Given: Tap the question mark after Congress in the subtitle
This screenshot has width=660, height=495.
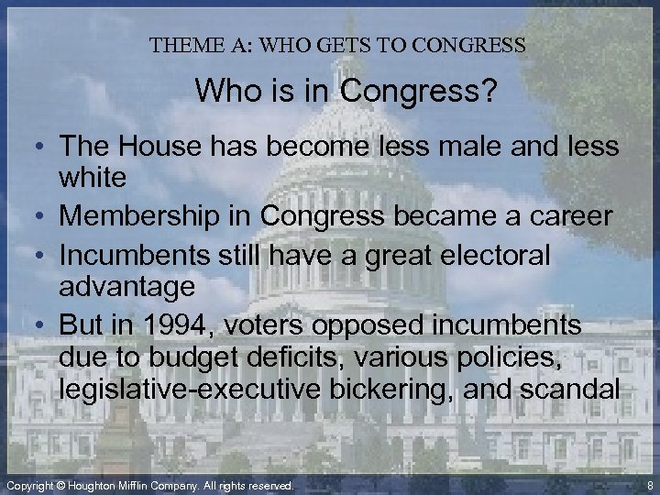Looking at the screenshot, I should tap(457, 92).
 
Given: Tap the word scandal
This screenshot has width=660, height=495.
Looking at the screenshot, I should tap(575, 388).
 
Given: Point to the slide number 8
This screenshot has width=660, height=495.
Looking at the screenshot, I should tap(649, 484).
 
